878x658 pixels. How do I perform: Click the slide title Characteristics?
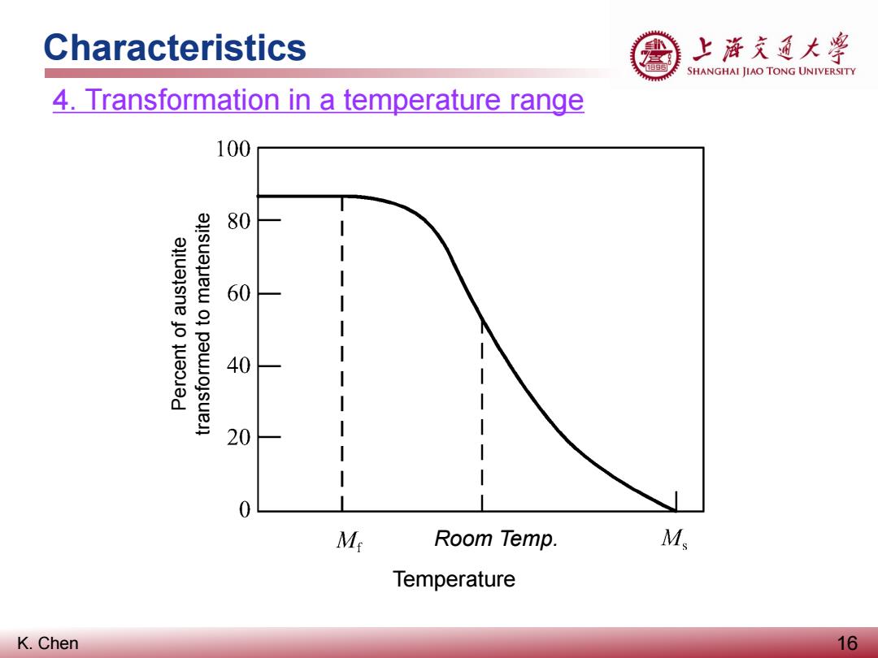click(175, 47)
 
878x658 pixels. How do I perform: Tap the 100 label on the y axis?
click(233, 149)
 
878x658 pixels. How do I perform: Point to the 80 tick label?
click(238, 221)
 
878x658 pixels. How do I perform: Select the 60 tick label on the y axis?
click(238, 293)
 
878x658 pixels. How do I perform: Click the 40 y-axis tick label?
click(238, 366)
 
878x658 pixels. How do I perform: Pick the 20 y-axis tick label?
click(238, 437)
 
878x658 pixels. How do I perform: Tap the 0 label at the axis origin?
click(245, 509)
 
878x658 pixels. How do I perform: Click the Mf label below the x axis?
click(350, 540)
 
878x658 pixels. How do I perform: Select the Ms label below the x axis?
click(674, 539)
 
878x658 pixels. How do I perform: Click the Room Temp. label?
click(496, 539)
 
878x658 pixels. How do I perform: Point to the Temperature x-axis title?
click(454, 578)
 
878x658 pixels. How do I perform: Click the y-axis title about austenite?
click(190, 324)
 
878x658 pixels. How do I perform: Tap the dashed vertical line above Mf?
click(342, 353)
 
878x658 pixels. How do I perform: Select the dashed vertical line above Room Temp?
click(482, 414)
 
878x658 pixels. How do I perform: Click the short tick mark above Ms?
click(676, 501)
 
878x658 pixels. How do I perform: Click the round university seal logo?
click(656, 56)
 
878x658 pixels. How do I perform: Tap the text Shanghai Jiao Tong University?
click(771, 71)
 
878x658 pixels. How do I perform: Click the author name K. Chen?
click(48, 643)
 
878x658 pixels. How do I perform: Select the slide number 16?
click(847, 643)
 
